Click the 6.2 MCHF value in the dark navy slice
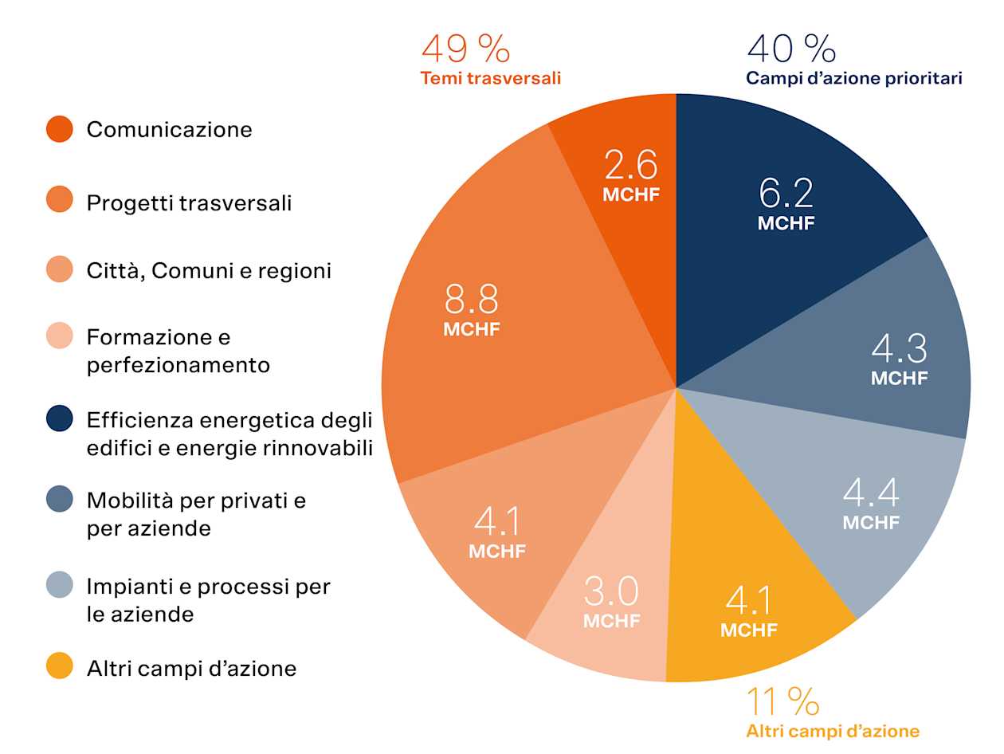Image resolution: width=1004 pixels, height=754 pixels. click(786, 202)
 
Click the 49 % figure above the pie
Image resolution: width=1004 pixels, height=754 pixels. click(466, 49)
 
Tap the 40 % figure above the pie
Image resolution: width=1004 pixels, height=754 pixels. click(791, 49)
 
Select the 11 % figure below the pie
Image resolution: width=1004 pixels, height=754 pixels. click(782, 702)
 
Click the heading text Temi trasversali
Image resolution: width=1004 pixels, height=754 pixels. click(491, 78)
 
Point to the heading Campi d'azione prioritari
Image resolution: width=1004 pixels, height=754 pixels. click(854, 78)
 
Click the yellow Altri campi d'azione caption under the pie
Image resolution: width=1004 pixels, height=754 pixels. click(833, 731)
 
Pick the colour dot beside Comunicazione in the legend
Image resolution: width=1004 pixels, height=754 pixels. click(60, 129)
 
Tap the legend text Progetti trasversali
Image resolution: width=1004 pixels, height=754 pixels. click(189, 203)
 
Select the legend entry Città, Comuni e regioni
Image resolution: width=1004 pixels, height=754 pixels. click(209, 271)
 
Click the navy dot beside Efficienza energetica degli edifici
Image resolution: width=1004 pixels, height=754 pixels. click(60, 418)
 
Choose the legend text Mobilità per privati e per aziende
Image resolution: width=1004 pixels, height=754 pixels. click(196, 514)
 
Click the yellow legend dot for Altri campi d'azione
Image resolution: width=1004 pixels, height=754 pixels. click(60, 666)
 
